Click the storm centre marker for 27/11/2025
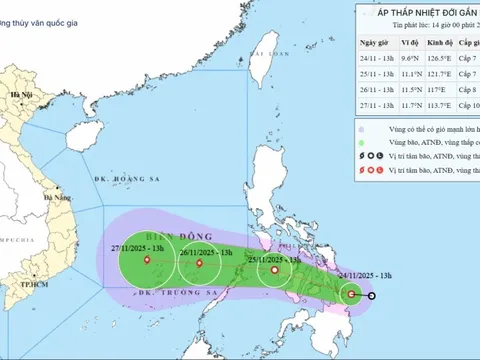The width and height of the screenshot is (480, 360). [x=148, y=261]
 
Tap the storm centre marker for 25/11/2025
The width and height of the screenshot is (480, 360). [x=271, y=270]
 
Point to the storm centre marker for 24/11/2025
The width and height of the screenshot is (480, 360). [x=351, y=294]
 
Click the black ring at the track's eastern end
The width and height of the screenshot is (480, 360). [x=371, y=296]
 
